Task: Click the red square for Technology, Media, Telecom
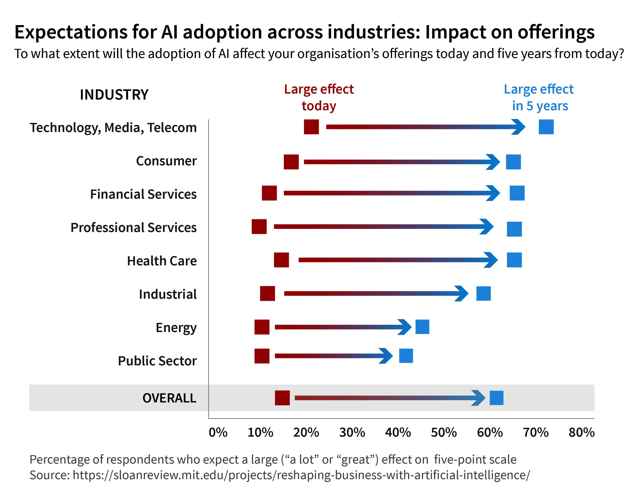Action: (311, 127)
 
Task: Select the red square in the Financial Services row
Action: (269, 193)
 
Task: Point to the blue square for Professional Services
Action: (514, 229)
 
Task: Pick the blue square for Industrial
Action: (483, 293)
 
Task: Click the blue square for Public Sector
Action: (406, 356)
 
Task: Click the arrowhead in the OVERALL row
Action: (479, 398)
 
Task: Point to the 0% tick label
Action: (218, 432)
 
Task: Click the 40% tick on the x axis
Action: (398, 432)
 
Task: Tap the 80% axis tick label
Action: (581, 432)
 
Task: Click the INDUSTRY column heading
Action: (114, 95)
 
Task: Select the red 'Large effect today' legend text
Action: (319, 97)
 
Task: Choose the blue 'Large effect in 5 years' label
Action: (539, 97)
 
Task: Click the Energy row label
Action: (176, 328)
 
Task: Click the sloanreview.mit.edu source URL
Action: (301, 475)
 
